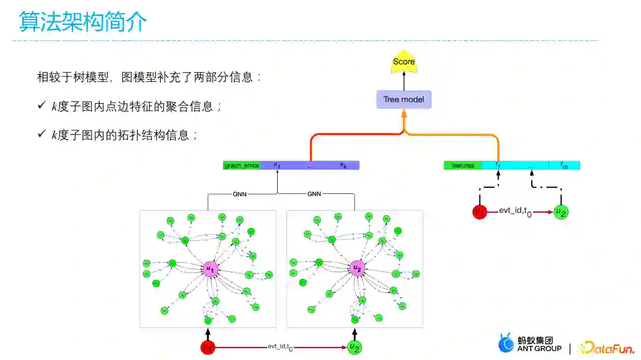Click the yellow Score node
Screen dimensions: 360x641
(x=404, y=62)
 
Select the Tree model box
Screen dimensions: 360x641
(x=404, y=100)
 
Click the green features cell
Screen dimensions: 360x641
(x=463, y=165)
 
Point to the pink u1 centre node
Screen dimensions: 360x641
(x=210, y=269)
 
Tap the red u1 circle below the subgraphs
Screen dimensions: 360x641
(x=208, y=348)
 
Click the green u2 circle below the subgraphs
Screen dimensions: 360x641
(x=355, y=348)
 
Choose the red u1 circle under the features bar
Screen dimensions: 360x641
(x=479, y=211)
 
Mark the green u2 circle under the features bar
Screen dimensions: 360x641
(x=561, y=211)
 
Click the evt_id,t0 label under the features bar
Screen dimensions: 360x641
(x=515, y=211)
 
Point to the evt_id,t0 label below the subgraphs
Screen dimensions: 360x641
(x=280, y=347)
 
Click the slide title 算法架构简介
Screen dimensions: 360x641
(x=82, y=22)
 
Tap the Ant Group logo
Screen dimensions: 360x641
(x=529, y=345)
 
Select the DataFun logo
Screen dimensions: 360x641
(x=605, y=347)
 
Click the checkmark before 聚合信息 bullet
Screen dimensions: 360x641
(x=42, y=106)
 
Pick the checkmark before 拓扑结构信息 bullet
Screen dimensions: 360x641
(x=42, y=135)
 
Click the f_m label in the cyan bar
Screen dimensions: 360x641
(x=564, y=165)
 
